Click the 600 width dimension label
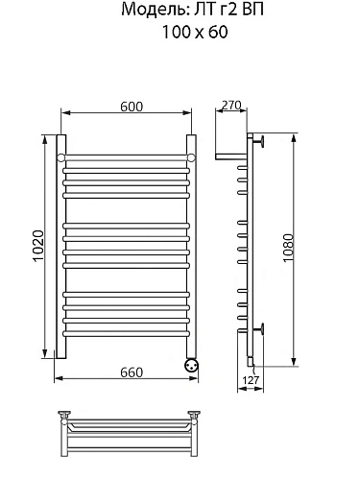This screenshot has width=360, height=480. click(x=132, y=107)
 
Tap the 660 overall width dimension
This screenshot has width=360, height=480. click(x=132, y=372)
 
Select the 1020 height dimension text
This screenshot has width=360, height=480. click(x=38, y=246)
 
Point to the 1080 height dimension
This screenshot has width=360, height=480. click(x=288, y=248)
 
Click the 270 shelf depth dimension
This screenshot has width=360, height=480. click(x=231, y=105)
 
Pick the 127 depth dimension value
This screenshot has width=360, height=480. click(x=251, y=380)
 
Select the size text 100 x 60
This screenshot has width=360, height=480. click(x=195, y=32)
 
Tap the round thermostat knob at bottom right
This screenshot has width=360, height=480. click(x=191, y=365)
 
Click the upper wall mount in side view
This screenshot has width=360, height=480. click(x=258, y=141)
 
